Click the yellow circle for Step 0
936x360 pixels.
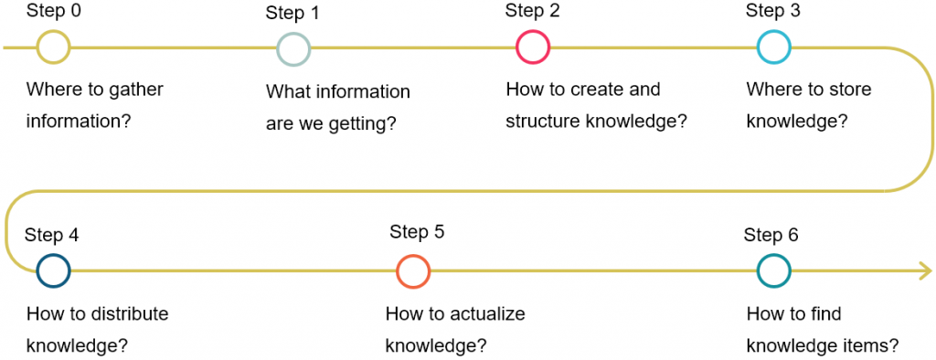(53, 48)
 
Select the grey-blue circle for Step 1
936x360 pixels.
(293, 48)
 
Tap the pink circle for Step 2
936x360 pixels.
(533, 48)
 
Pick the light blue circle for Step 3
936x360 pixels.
(773, 48)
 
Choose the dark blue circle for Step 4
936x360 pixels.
(53, 270)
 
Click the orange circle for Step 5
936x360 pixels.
(413, 270)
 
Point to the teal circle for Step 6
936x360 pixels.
(773, 270)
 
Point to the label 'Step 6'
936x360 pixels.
(771, 235)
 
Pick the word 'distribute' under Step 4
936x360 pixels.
(129, 314)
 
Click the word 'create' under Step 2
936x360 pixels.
(597, 90)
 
